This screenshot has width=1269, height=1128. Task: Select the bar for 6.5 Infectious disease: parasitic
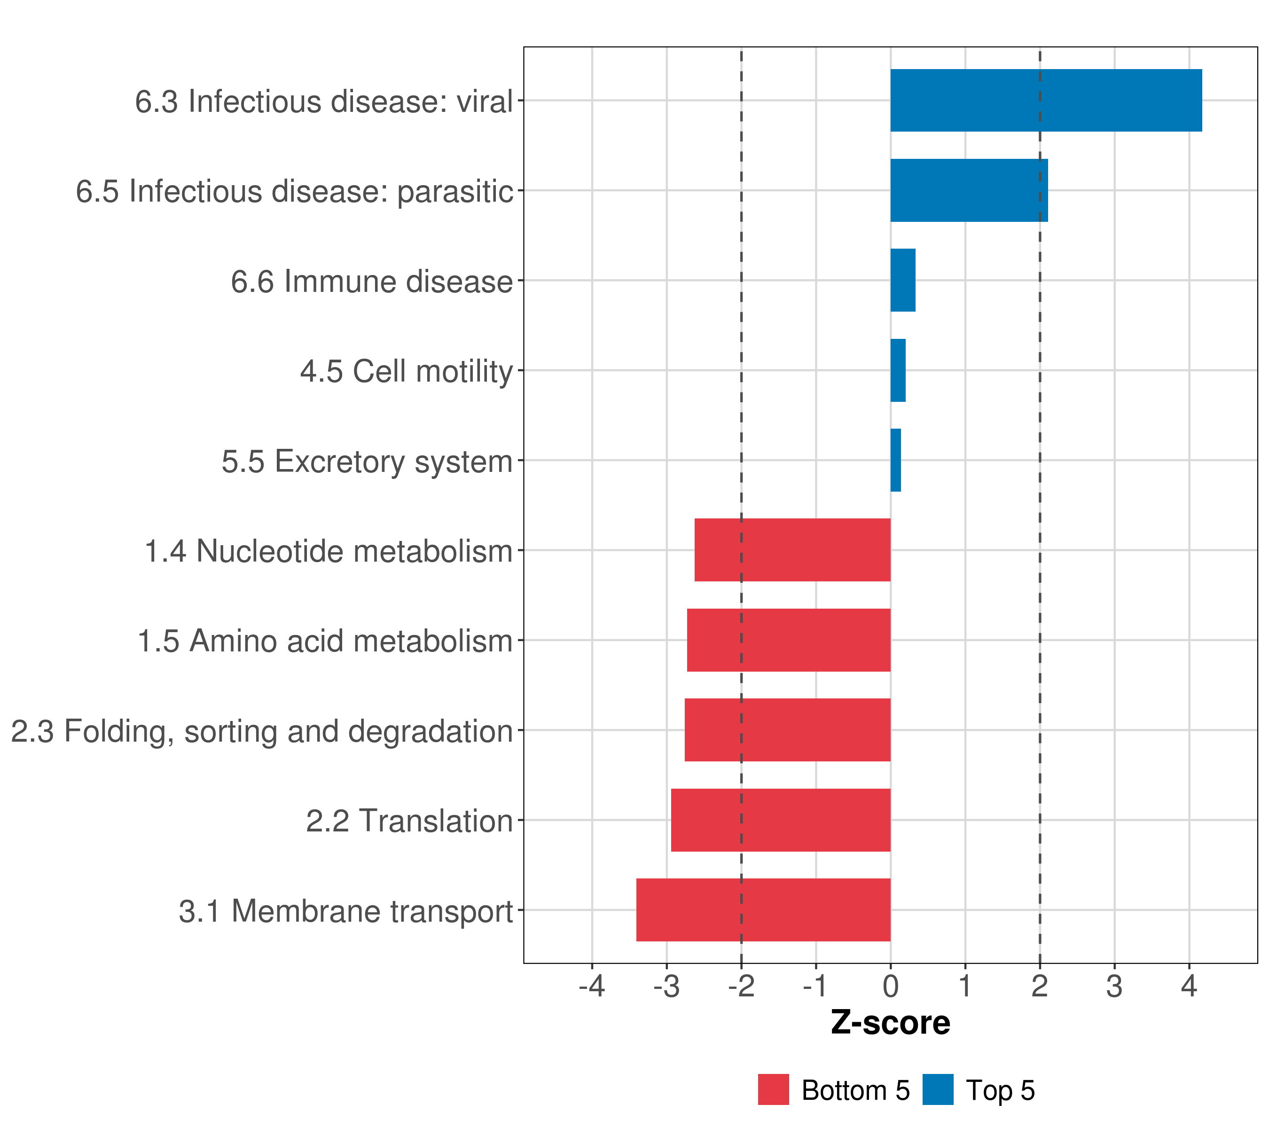click(x=969, y=191)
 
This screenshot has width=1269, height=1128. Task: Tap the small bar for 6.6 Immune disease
click(x=903, y=280)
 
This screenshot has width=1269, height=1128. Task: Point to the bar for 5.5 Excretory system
click(x=895, y=460)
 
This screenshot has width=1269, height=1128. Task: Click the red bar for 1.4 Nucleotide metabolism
click(x=792, y=550)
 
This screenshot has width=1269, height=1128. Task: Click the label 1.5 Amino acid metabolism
click(x=325, y=641)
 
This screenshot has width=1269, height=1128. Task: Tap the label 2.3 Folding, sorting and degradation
click(x=261, y=731)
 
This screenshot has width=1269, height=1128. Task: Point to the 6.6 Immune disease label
click(x=371, y=281)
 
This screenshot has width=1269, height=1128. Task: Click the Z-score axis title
click(x=890, y=1023)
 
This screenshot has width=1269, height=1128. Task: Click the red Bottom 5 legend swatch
click(x=773, y=1089)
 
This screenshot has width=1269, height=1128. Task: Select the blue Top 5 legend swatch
click(x=938, y=1089)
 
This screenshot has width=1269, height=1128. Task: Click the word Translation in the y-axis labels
click(x=436, y=821)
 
